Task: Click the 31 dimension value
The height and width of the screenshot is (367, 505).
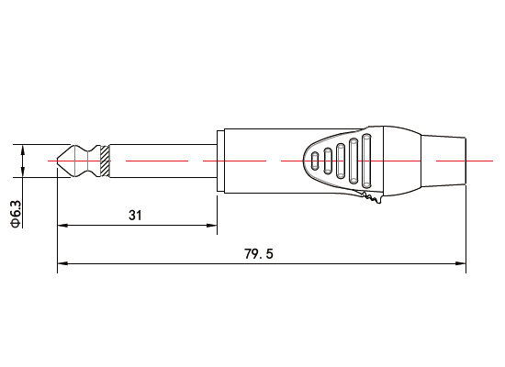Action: point(135,216)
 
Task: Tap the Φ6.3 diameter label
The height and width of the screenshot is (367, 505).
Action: point(16,212)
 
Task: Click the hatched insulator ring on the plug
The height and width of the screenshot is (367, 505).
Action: point(106,161)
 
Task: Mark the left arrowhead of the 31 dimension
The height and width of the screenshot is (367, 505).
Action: point(62,225)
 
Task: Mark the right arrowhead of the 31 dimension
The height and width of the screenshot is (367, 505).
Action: point(213,225)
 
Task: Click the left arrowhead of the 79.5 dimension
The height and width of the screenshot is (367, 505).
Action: point(62,264)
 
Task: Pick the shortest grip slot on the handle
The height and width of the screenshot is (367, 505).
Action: point(315,161)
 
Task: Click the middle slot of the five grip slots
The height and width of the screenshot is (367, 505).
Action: point(341,161)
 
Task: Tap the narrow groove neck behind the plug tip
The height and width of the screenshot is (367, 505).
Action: point(85,161)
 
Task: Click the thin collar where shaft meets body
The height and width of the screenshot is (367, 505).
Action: point(219,161)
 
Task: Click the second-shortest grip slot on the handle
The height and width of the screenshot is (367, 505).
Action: point(328,161)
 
